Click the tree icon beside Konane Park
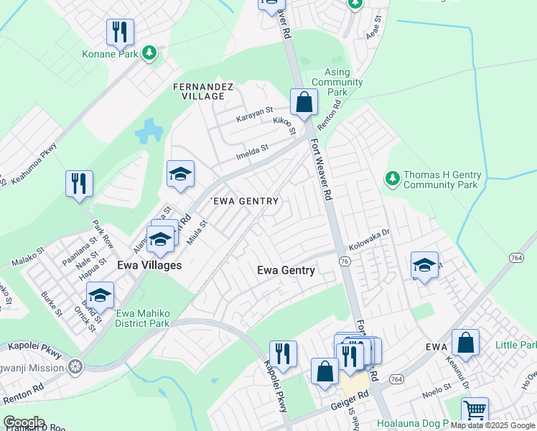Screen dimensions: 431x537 pyautogui.click(x=149, y=52)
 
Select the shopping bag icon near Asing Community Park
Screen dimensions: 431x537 pyautogui.click(x=304, y=103)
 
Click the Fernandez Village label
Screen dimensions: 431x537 pyautogui.click(x=203, y=91)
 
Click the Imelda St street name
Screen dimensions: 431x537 pyautogui.click(x=252, y=150)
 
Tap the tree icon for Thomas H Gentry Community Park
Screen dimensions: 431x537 pyautogui.click(x=392, y=177)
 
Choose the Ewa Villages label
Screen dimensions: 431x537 pyautogui.click(x=149, y=265)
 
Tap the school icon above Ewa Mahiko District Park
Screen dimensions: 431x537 pyautogui.click(x=101, y=295)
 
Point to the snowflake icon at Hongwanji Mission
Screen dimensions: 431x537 pyautogui.click(x=75, y=367)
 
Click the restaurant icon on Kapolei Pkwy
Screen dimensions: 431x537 pyautogui.click(x=283, y=354)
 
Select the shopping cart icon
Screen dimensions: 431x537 pyautogui.click(x=475, y=410)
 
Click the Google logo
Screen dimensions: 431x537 pyautogui.click(x=23, y=422)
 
